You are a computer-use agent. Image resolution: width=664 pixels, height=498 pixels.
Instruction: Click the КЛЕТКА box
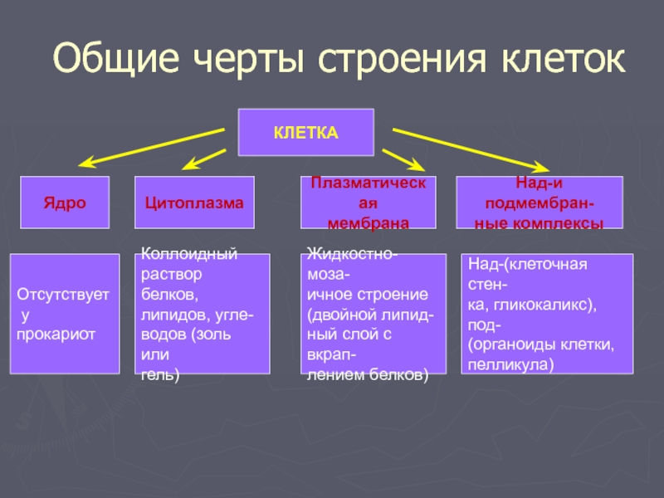pos(306,133)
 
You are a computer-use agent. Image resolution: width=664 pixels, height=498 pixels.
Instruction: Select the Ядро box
pos(65,203)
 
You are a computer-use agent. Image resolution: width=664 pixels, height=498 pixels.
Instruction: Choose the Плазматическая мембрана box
pos(368,203)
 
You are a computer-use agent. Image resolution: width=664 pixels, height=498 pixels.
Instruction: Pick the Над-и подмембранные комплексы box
pos(539,203)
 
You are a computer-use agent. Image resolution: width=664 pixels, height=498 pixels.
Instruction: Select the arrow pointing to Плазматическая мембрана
pos(403,160)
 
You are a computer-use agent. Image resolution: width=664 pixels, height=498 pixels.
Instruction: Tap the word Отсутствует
pos(62,295)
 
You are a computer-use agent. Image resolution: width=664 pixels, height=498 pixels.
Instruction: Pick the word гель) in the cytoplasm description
pos(160,375)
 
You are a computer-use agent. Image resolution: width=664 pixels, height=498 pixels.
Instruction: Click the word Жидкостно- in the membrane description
pos(352,253)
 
